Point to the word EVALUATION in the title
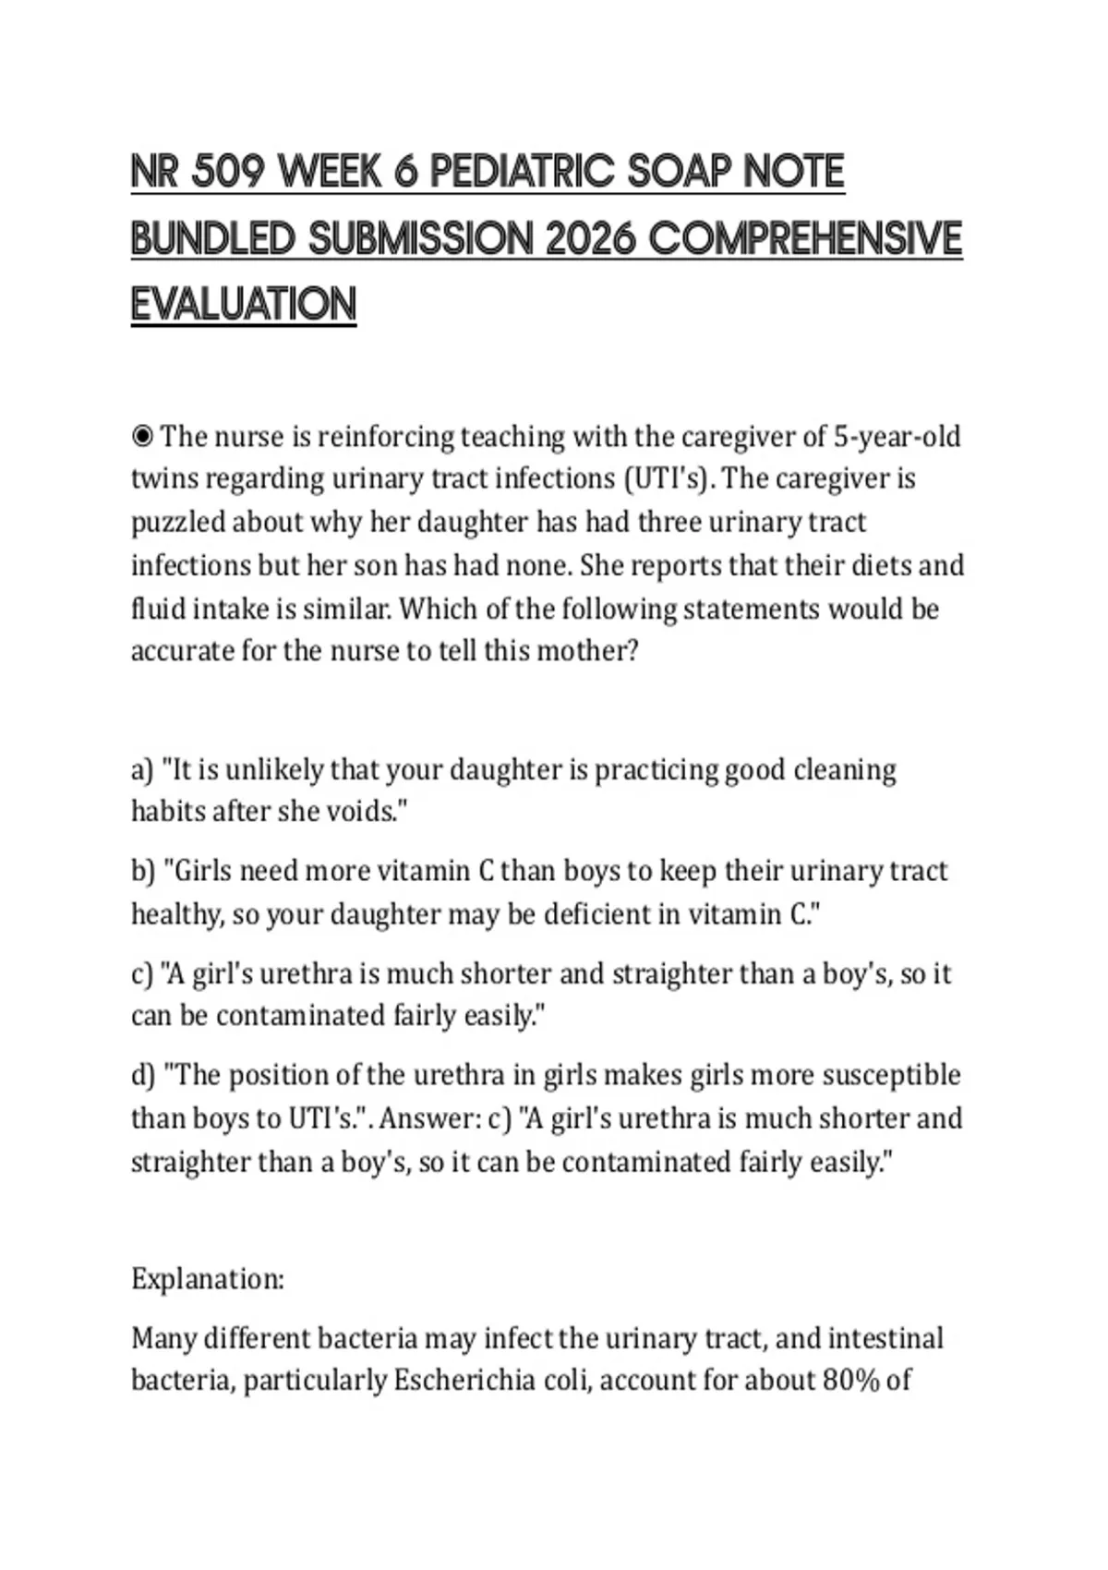coord(244,305)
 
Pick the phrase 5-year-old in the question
coord(897,436)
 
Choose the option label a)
coord(142,770)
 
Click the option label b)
coord(143,871)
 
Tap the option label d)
coord(143,1076)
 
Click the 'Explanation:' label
coord(208,1279)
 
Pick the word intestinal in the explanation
coord(885,1338)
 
